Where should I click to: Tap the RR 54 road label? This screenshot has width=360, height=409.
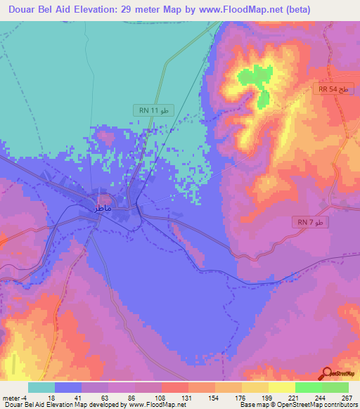332,91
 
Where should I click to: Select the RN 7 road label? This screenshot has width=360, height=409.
310,223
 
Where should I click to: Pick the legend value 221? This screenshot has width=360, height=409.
283,397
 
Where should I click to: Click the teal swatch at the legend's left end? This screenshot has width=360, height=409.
41,387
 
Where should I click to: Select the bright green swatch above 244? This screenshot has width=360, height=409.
309,387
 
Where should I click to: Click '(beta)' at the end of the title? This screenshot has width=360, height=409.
290,9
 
